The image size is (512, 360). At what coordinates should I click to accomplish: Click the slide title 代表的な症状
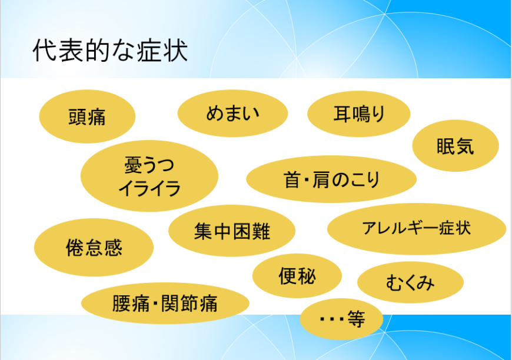point(110,51)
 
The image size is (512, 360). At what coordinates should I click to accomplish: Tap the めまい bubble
point(232,113)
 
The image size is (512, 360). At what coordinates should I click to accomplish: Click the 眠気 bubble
point(455,146)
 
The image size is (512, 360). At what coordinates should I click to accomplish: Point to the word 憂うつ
point(149,165)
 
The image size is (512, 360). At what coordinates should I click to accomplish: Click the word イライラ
point(149,189)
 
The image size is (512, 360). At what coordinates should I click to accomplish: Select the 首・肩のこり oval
point(331,179)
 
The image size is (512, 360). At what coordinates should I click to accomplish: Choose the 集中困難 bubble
point(232,231)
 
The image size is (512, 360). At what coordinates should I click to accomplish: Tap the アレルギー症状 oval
point(416,228)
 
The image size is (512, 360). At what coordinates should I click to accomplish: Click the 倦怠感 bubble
point(94,248)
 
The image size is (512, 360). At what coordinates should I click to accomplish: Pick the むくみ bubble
point(410,283)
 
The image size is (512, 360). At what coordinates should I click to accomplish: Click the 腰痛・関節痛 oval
point(165,304)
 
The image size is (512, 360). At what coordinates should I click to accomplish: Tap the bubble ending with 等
point(341,319)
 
